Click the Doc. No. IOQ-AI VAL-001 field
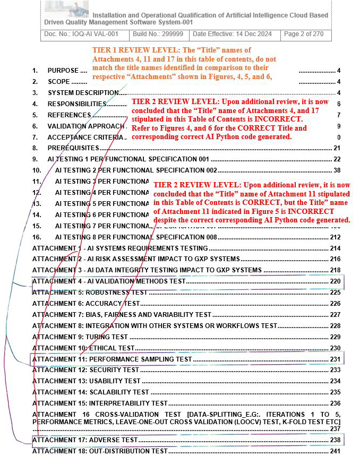(85, 35)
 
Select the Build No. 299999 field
(159, 35)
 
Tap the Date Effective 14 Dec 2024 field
(233, 35)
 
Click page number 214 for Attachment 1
(335, 248)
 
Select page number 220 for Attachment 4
(335, 281)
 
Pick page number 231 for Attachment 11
(335, 359)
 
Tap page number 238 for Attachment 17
(335, 440)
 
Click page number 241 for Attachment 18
(335, 451)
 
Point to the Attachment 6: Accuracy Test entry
(86, 304)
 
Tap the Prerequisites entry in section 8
(73, 148)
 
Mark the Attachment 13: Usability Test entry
(87, 381)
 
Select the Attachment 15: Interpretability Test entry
(100, 403)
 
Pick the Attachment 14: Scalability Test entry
(91, 392)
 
